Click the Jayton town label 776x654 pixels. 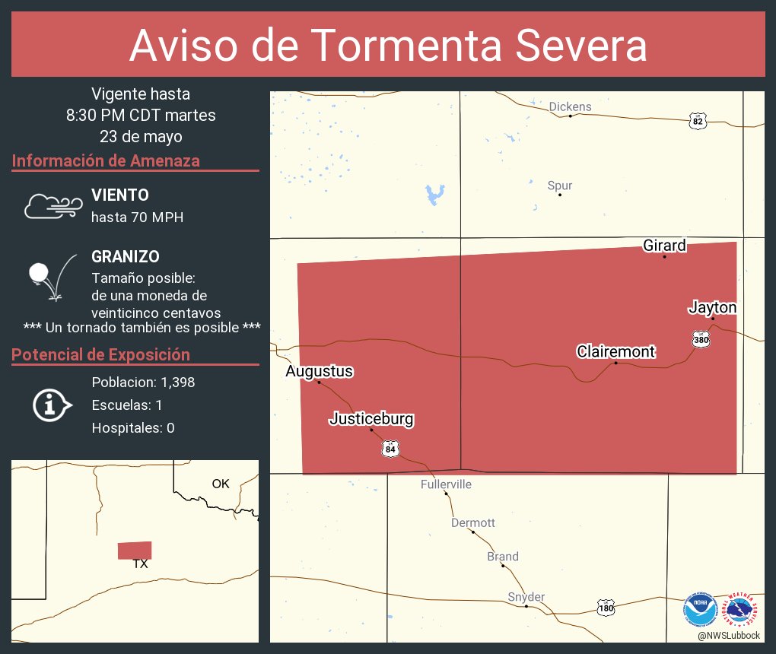(712, 308)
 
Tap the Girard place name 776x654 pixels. (664, 246)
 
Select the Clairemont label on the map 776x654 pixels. (615, 352)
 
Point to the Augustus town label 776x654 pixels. (319, 372)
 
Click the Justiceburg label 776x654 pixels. (371, 419)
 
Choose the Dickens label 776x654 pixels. (570, 106)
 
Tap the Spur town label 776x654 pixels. (560, 186)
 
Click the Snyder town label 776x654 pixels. (526, 597)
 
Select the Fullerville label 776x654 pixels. (446, 484)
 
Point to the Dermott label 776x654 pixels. (472, 523)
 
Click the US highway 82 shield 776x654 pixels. (698, 121)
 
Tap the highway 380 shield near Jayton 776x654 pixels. (701, 340)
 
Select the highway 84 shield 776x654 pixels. (390, 449)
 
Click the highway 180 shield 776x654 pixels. (606, 608)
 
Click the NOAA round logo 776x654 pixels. (700, 610)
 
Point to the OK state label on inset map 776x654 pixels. (221, 484)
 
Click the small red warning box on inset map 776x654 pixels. (135, 550)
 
